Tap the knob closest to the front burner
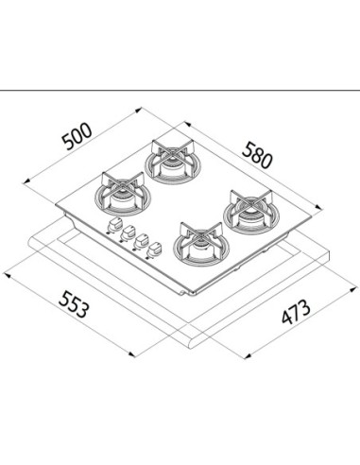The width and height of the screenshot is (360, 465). pyautogui.click(x=154, y=250)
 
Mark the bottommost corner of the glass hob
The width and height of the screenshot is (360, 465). pyautogui.click(x=191, y=295)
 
